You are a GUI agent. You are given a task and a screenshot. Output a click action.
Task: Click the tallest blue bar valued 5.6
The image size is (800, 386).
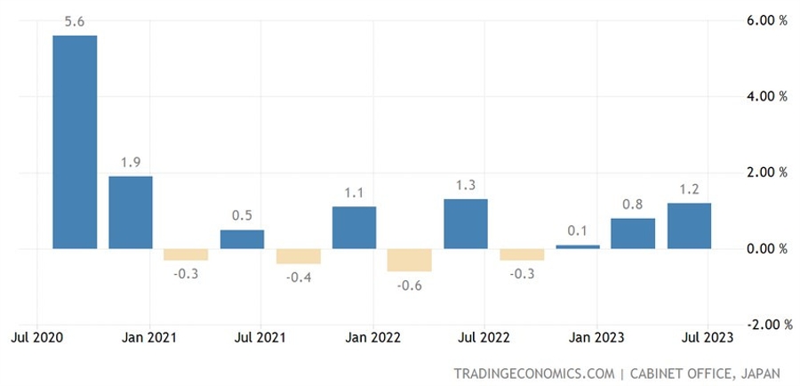75,142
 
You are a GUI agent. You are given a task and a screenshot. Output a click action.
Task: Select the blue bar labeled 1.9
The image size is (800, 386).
131,213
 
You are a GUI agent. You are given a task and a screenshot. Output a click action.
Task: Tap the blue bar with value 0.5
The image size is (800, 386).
242,239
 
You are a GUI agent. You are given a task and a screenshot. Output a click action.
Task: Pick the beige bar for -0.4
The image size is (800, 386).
298,256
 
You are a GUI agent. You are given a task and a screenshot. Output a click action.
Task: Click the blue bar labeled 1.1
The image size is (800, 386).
354,228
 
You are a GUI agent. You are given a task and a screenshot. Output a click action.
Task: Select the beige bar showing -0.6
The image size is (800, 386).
410,260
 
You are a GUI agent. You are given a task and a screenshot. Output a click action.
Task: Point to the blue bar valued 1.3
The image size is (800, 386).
466,224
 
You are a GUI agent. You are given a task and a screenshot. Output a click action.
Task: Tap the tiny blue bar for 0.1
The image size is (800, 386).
578,246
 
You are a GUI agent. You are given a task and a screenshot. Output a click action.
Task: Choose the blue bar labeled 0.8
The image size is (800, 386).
633,234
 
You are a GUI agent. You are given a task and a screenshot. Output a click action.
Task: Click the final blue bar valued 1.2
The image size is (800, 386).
689,226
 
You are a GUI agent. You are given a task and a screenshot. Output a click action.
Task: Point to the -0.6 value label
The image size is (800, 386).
410,285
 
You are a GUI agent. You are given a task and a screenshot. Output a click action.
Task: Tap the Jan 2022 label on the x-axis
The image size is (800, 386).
373,338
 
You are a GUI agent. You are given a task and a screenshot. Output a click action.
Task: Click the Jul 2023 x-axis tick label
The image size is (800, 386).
708,338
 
